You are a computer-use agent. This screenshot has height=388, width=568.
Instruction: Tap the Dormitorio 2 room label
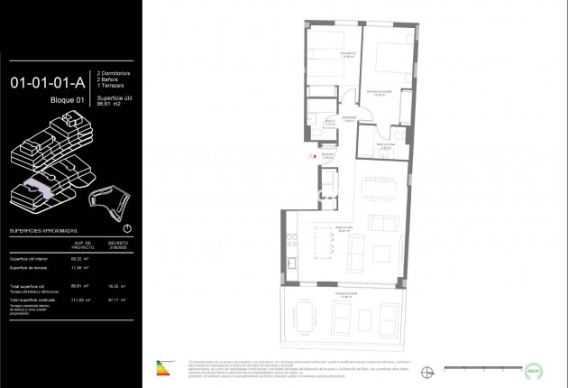pos(324,53)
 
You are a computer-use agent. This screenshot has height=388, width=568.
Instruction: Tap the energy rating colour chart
pos(162,367)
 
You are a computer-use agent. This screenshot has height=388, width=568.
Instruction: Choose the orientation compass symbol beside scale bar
pos(429,367)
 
